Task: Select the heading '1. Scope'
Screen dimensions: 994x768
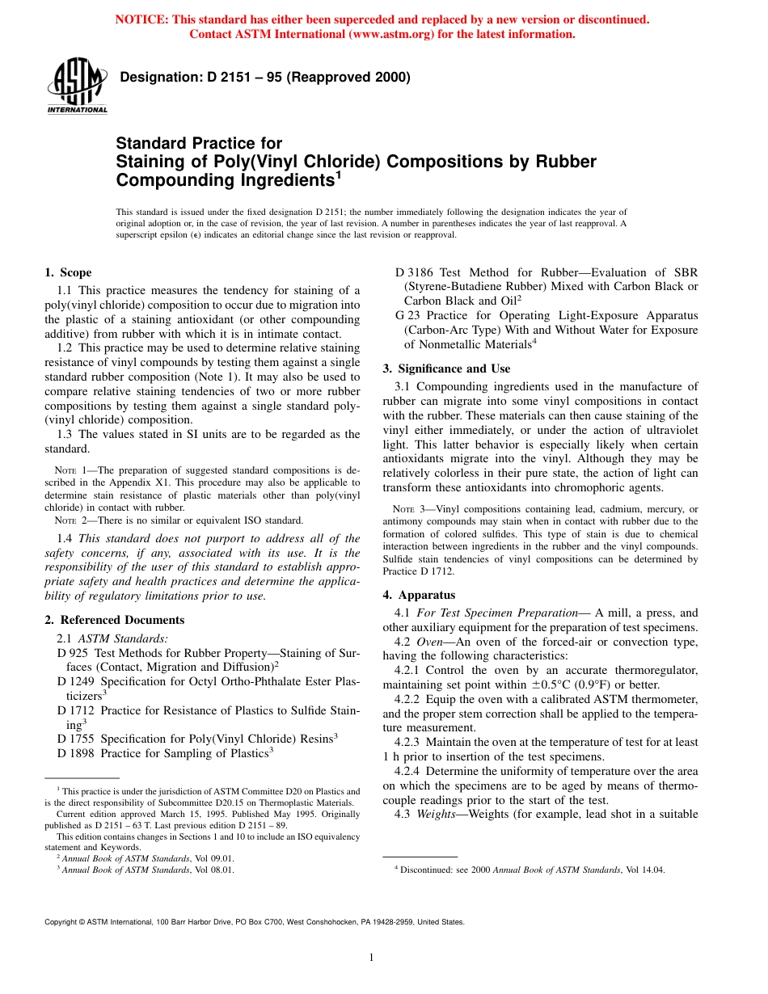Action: [68, 272]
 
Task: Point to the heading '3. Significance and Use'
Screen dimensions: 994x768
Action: [446, 369]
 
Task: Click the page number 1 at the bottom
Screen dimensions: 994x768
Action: [371, 958]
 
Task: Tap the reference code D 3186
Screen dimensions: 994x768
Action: [416, 272]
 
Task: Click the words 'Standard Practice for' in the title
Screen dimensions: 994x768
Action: [199, 143]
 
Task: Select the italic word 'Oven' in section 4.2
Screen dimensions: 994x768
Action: [430, 642]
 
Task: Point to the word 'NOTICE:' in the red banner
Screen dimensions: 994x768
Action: [141, 19]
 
